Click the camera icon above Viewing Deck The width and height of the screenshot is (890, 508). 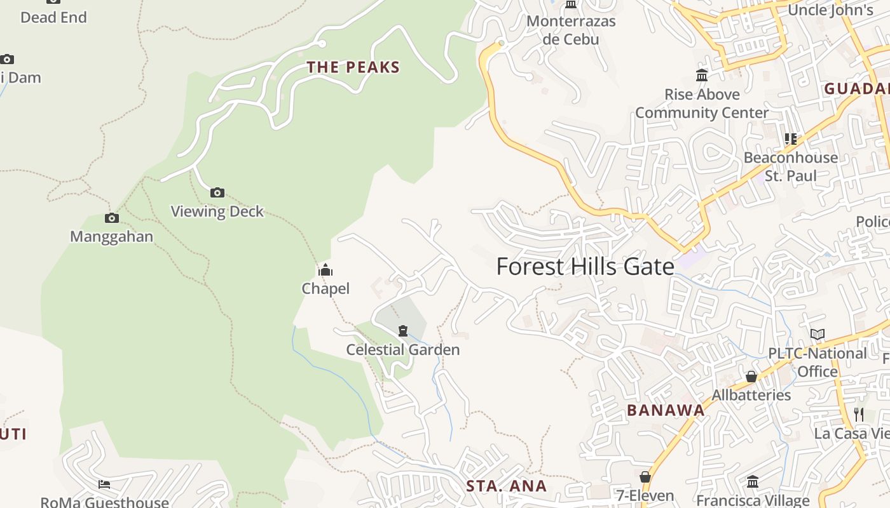[217, 192]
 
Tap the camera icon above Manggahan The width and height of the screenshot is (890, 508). [112, 218]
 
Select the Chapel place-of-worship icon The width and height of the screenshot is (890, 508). [325, 270]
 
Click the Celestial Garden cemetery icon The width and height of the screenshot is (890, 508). [402, 331]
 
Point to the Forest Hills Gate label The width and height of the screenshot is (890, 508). [585, 267]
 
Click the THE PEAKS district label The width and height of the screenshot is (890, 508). [353, 67]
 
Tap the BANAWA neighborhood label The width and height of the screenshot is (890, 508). [666, 410]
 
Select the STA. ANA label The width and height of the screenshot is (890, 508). [506, 486]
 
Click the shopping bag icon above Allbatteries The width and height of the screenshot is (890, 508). [751, 377]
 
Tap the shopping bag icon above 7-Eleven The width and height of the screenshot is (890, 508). [645, 477]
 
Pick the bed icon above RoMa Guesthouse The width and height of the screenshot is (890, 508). [104, 485]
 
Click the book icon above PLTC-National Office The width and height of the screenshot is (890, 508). [818, 334]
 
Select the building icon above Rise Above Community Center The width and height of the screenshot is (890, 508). [702, 76]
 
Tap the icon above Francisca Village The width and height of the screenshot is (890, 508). [753, 482]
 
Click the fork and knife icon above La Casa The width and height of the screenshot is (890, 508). [859, 415]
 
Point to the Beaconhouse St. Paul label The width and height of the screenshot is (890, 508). [791, 166]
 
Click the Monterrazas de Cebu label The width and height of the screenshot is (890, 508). [571, 30]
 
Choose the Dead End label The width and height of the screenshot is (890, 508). [53, 17]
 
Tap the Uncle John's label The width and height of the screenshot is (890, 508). [830, 10]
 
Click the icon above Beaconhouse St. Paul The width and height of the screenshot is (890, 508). [791, 138]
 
